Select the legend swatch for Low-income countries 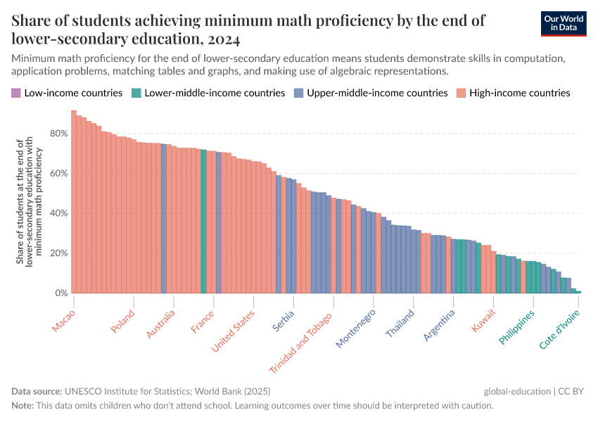pos(16,93)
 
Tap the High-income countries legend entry pos(519,93)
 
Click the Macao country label pos(63,320)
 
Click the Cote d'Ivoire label pos(560,329)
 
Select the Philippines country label pos(517,326)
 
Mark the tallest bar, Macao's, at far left pos(73,204)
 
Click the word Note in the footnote pos(23,406)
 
